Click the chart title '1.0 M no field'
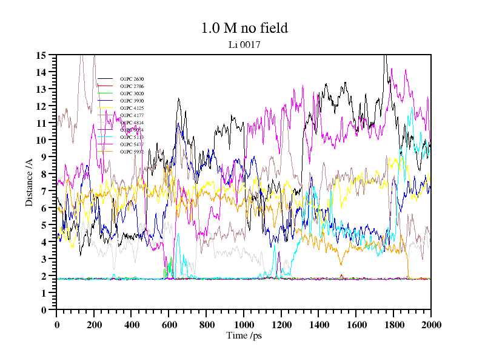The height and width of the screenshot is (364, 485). pos(244,28)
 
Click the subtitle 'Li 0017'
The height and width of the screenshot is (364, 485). pos(244,44)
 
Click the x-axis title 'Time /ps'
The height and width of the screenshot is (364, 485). pos(243,335)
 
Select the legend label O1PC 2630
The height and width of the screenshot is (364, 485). pos(132,79)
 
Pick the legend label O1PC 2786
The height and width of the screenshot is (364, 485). pos(132,86)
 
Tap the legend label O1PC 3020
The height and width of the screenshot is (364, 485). pos(132,93)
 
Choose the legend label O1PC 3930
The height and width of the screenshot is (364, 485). pos(132,101)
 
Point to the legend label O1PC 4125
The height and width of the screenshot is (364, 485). pos(132,108)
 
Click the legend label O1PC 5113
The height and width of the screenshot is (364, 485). pos(132,137)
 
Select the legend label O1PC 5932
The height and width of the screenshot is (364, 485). pos(132,152)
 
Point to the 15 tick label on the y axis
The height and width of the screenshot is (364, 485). pos(42,55)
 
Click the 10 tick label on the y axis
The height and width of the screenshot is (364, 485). pos(42,140)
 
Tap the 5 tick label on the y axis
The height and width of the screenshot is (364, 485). pos(44,225)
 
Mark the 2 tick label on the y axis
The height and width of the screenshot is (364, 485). pos(44,276)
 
